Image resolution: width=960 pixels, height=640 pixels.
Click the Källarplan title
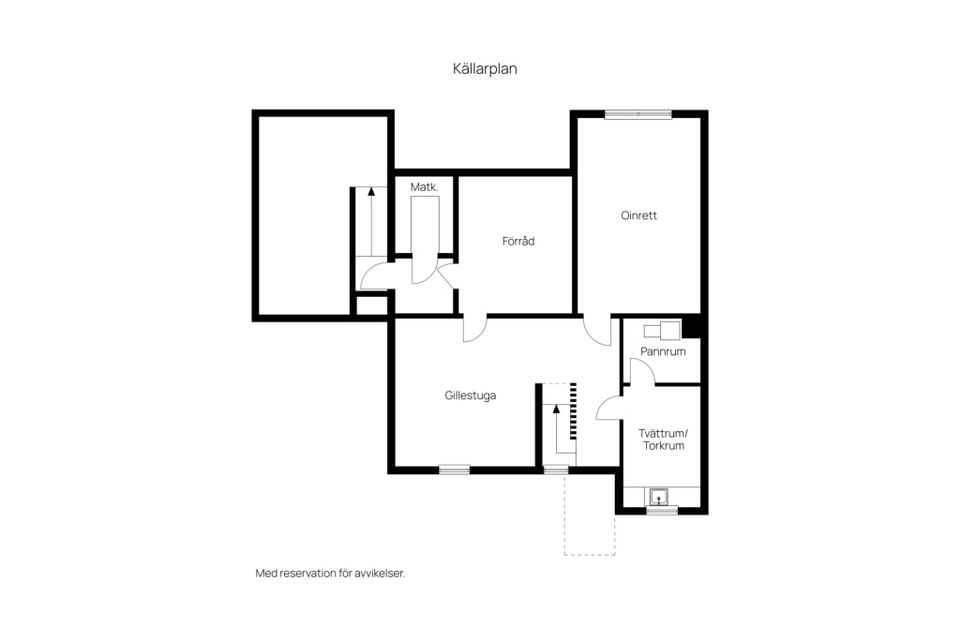[x=485, y=69]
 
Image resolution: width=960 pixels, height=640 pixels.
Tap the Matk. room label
[x=424, y=187]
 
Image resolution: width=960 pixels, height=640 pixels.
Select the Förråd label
[x=518, y=241]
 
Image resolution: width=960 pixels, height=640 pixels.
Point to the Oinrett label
[x=639, y=216]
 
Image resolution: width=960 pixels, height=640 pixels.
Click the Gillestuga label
[x=470, y=396]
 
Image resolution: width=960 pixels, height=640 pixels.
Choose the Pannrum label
[x=662, y=352]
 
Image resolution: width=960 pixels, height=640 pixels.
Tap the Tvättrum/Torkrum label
[x=664, y=440]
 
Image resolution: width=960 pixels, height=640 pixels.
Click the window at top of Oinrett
[x=638, y=114]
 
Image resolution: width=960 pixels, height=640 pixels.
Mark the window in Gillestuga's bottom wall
[x=454, y=470]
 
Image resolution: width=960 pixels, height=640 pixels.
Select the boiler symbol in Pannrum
[x=662, y=329]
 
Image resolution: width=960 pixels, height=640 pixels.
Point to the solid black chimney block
[x=691, y=326]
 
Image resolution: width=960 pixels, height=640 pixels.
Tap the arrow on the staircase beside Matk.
[x=371, y=220]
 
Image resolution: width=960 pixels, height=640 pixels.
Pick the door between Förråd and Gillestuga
[x=475, y=329]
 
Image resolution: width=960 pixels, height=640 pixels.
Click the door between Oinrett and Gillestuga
[x=598, y=331]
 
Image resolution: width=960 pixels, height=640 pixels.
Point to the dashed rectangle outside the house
[x=590, y=514]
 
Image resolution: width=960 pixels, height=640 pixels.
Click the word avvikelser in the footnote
[x=380, y=574]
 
